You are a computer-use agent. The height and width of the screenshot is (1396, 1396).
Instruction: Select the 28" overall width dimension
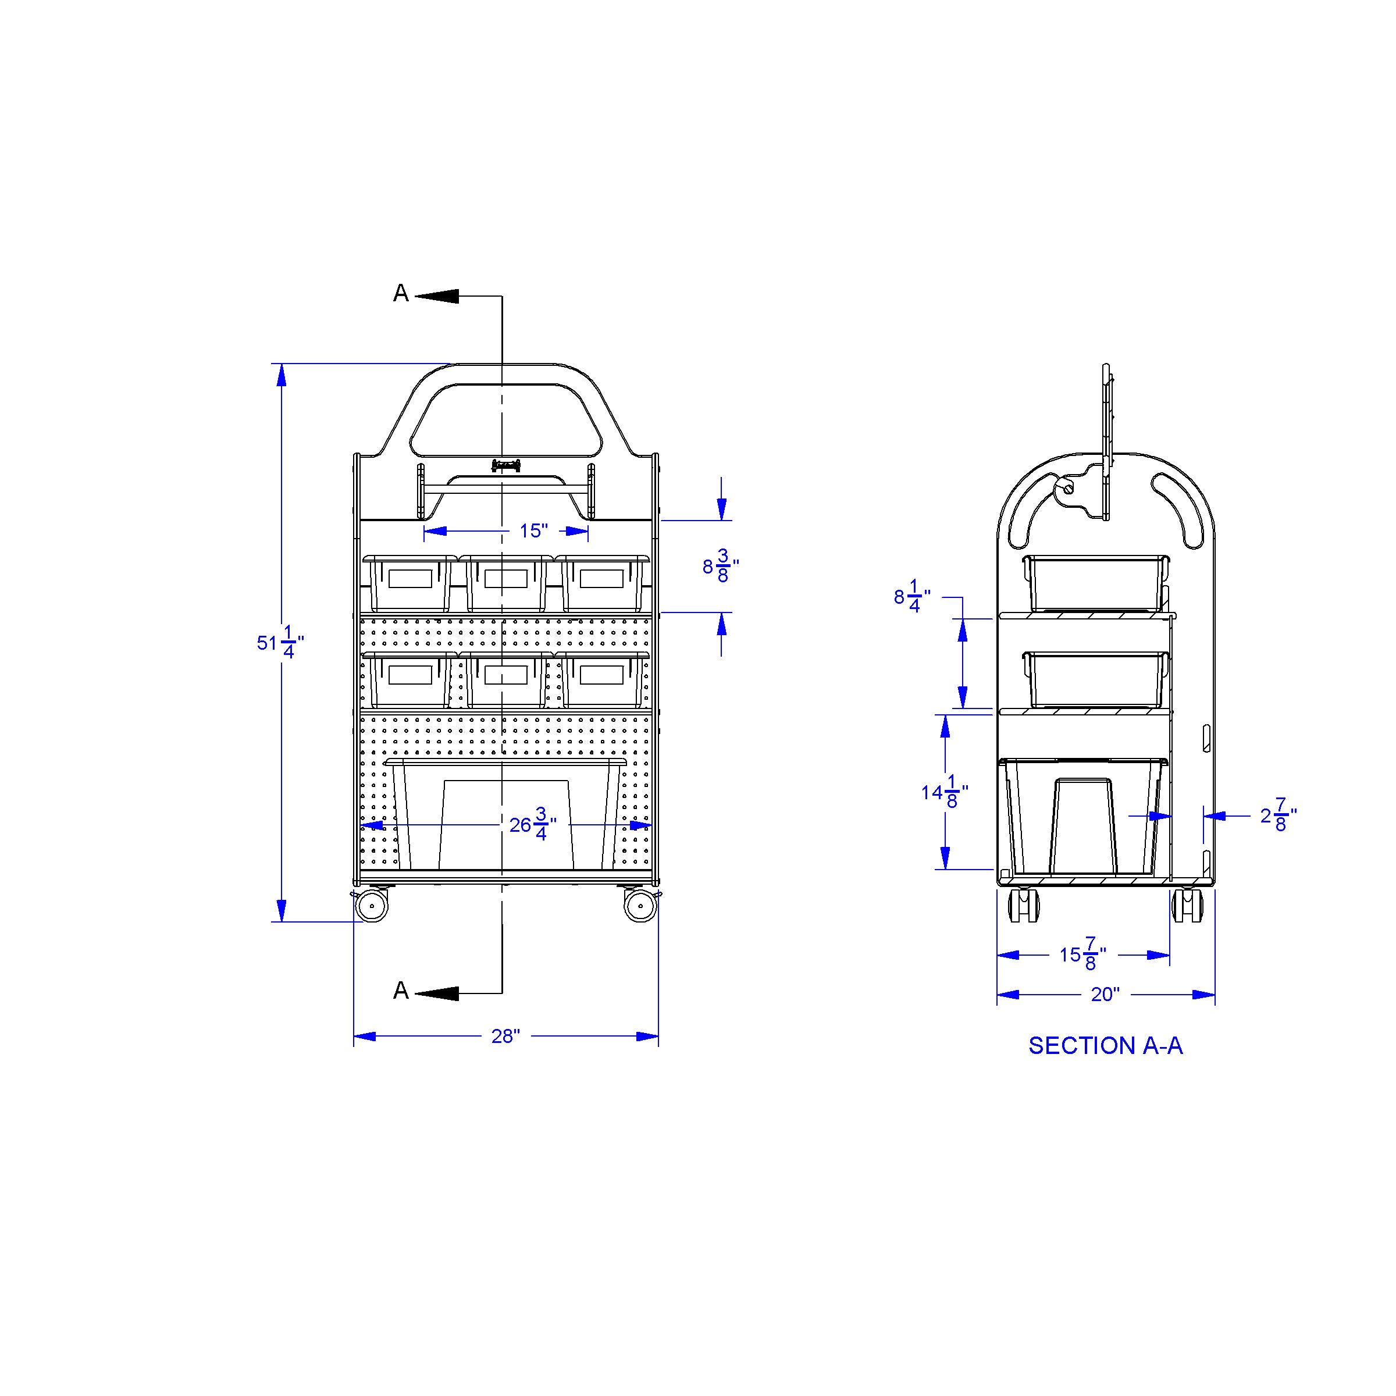tap(506, 1036)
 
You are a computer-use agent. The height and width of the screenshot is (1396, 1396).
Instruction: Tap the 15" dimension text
tap(534, 531)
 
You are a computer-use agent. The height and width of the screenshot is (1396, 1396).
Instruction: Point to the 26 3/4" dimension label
tap(533, 824)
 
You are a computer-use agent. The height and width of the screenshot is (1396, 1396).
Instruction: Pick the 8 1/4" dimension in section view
tap(913, 597)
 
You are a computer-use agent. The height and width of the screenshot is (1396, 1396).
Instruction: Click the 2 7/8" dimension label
tap(1279, 815)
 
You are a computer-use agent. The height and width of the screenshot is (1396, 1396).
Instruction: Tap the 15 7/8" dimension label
tap(1083, 955)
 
